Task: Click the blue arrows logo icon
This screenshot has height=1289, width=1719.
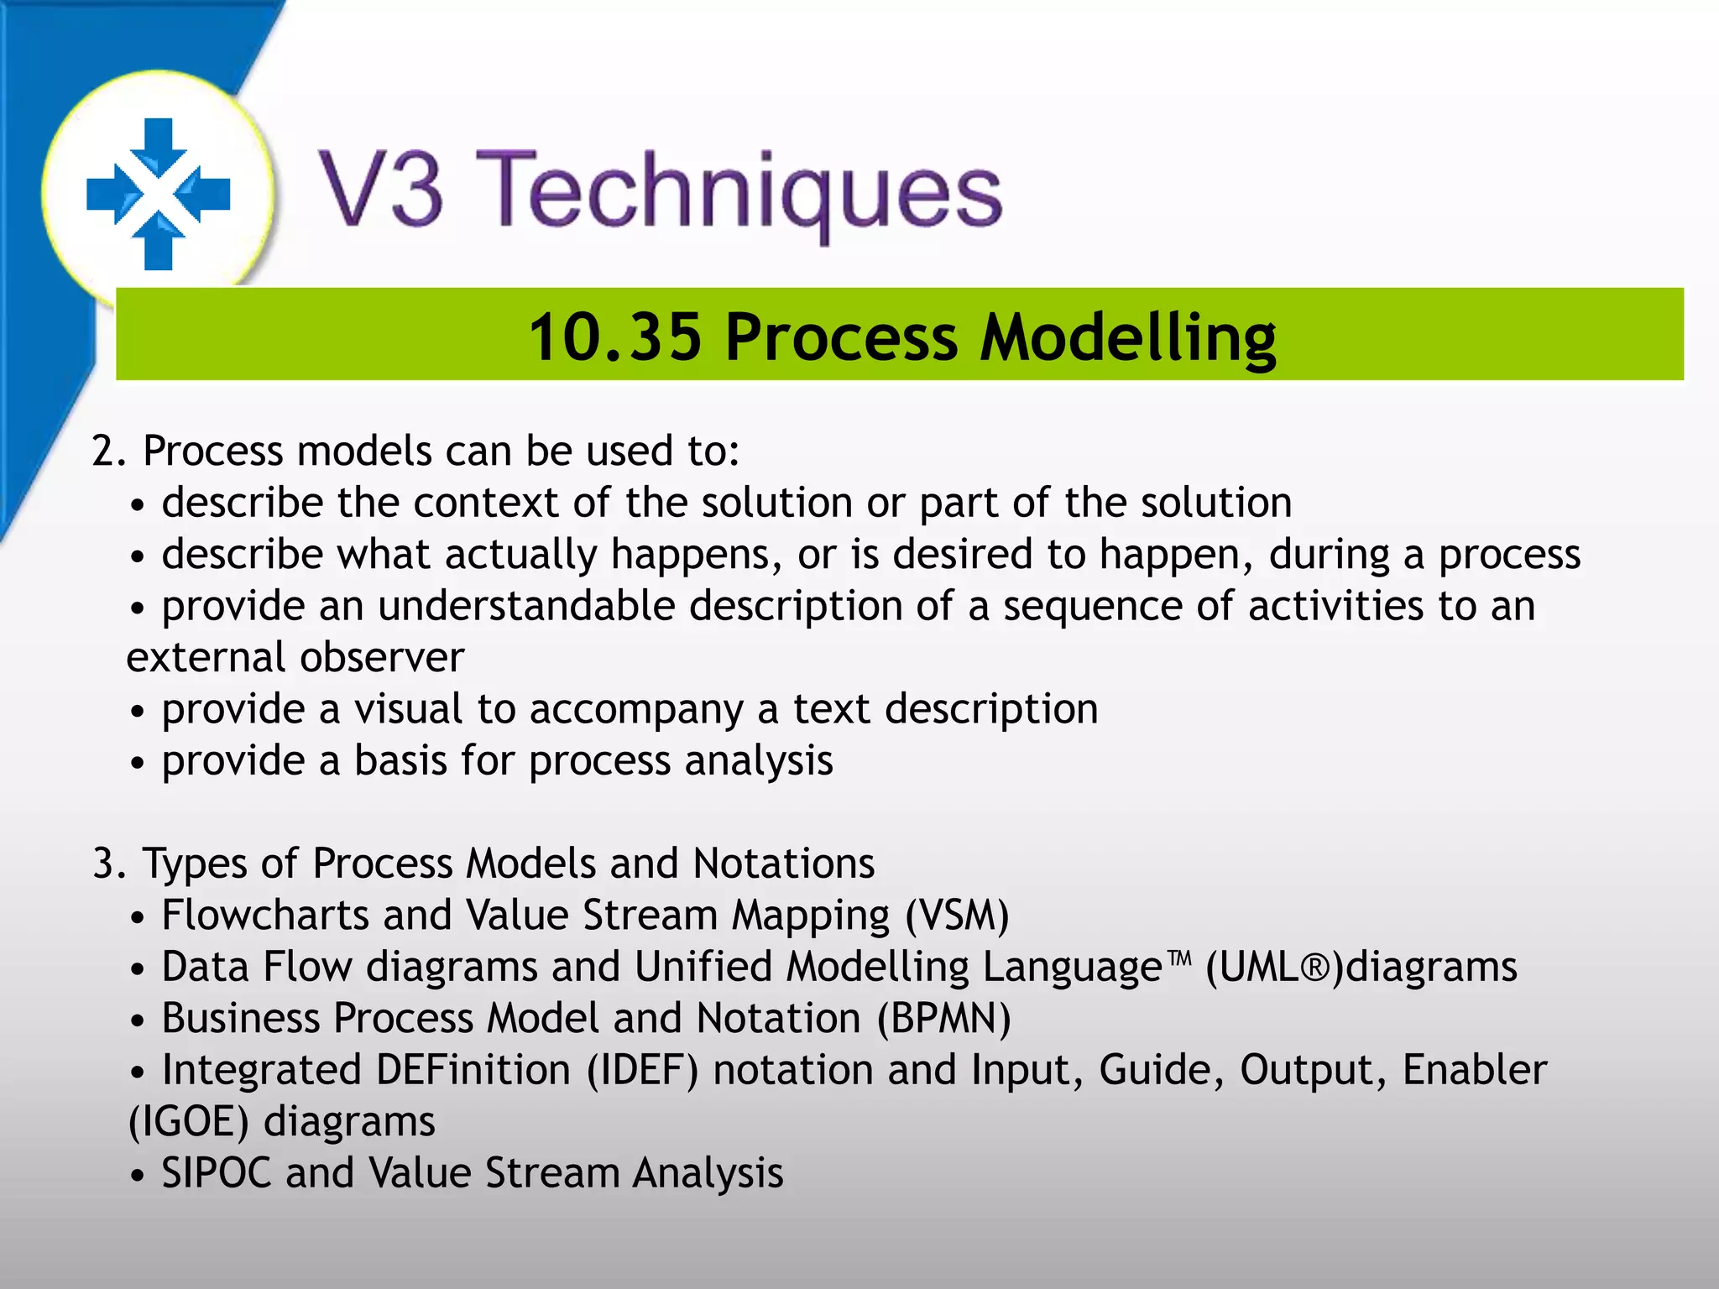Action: pos(158,193)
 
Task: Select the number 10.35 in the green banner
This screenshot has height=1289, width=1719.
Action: pos(614,337)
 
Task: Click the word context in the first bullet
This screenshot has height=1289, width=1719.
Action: pos(485,504)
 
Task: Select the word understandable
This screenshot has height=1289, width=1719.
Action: pos(526,607)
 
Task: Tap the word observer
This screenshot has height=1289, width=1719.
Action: pos(382,658)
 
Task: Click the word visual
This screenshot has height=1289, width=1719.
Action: pos(408,710)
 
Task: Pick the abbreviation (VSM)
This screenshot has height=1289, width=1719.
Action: pos(957,916)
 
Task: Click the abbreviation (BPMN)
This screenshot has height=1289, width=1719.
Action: pos(944,1019)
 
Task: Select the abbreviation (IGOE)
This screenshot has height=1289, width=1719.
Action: pos(188,1123)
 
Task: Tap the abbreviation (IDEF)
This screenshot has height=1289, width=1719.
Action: pos(642,1071)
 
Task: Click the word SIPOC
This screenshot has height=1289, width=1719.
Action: pos(217,1173)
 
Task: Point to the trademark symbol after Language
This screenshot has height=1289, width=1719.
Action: pos(1180,958)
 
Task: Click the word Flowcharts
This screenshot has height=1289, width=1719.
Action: pos(265,916)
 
